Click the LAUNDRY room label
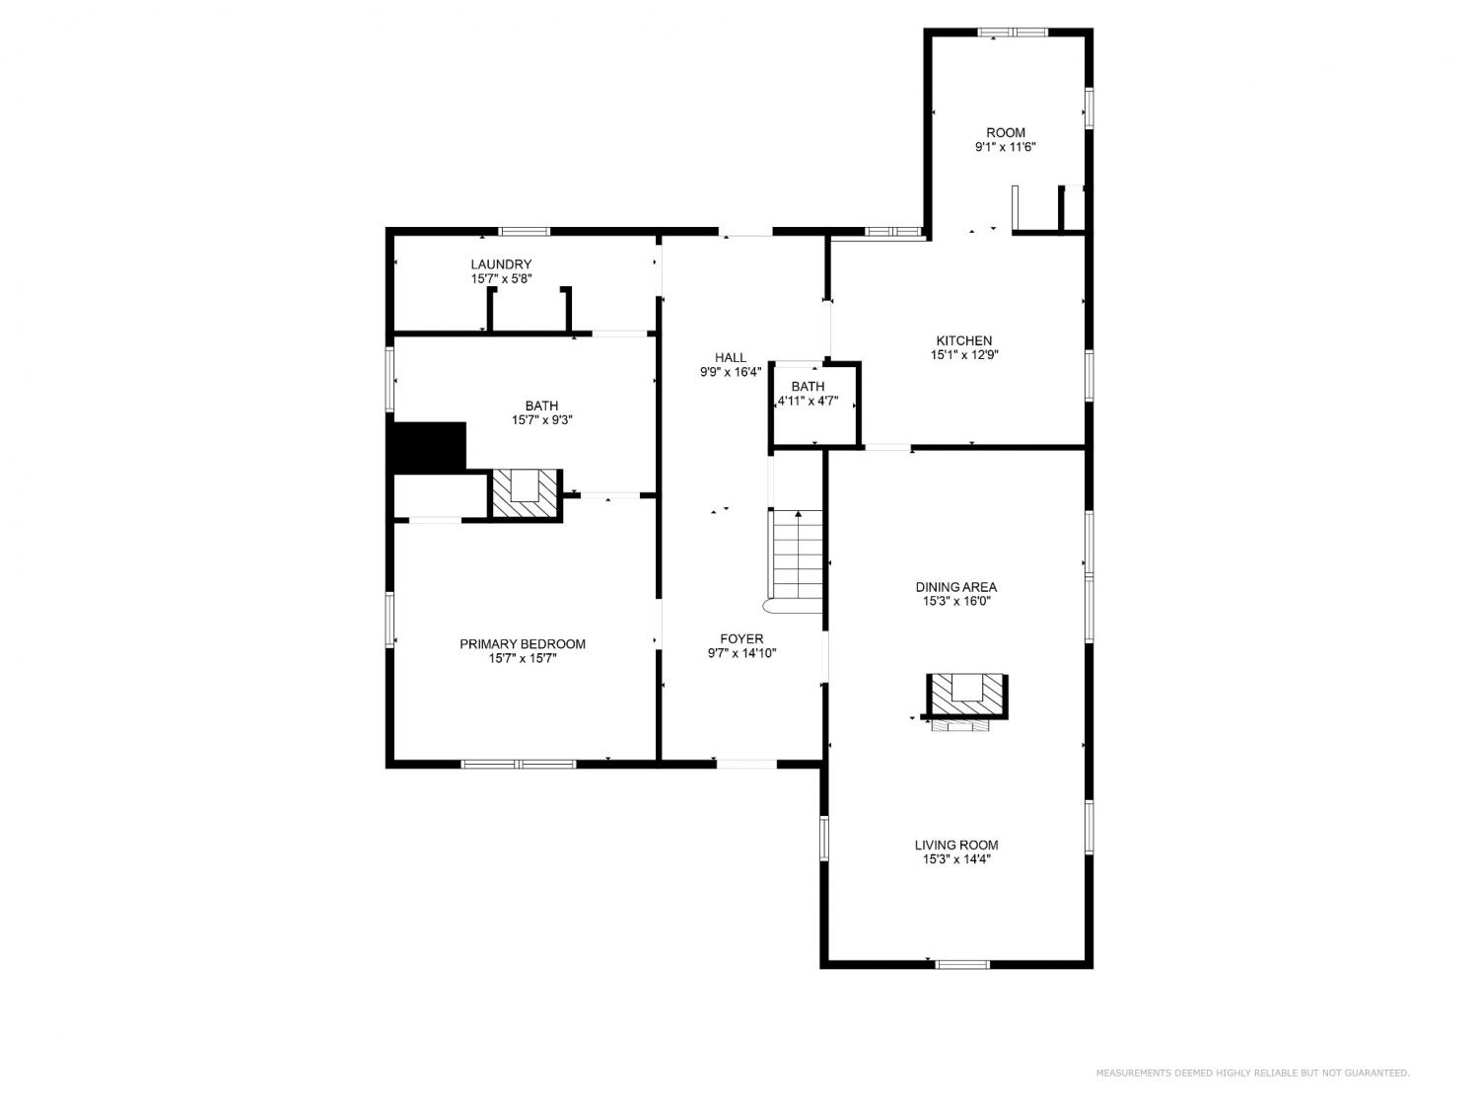(501, 264)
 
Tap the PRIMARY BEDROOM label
(523, 643)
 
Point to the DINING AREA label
(955, 587)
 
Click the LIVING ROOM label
(956, 845)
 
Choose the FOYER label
(741, 638)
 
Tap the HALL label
(731, 357)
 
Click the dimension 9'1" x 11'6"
(1006, 147)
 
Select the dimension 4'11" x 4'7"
(808, 401)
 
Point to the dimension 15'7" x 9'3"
(541, 420)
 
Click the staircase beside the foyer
(797, 560)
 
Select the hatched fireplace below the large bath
(525, 494)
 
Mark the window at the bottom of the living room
(963, 964)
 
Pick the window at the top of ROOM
(1013, 32)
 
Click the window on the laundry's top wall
(525, 231)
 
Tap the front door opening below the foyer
(745, 765)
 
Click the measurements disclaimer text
(1252, 1073)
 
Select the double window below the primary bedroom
(519, 765)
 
